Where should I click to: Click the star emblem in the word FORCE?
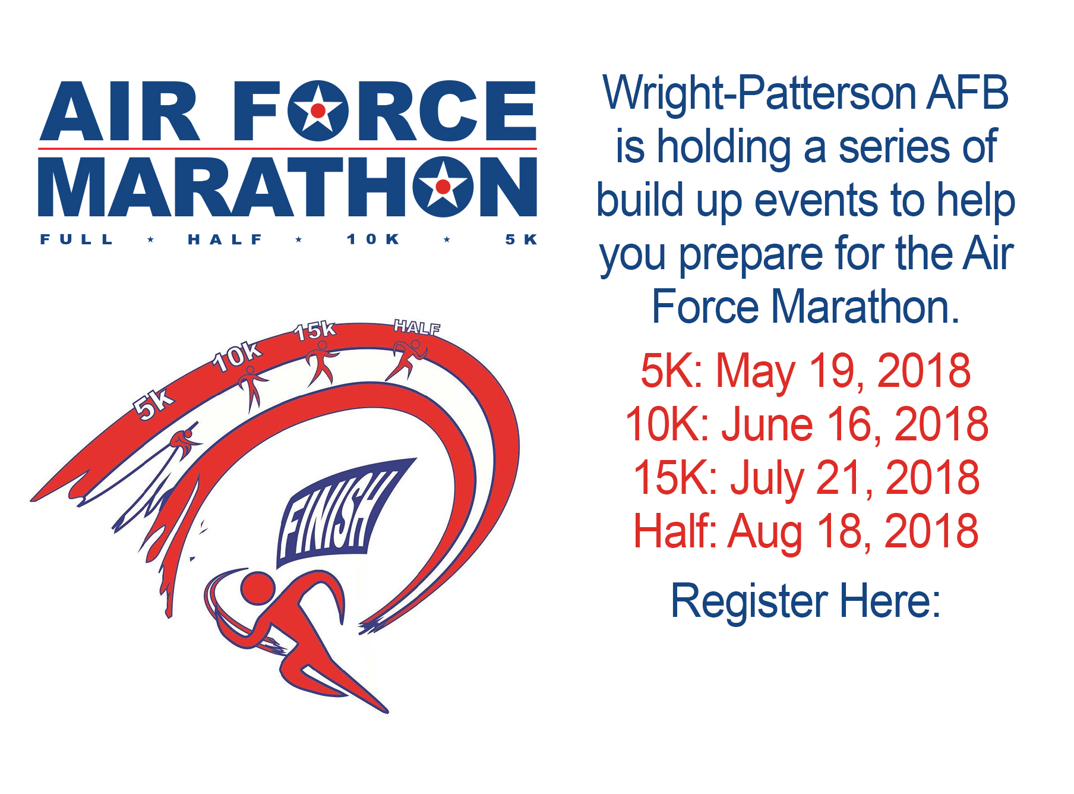click(x=318, y=111)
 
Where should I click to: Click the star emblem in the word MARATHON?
click(x=443, y=187)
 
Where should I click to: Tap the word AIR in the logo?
click(x=119, y=111)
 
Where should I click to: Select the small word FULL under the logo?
click(x=77, y=240)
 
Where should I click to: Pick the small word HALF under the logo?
click(x=225, y=240)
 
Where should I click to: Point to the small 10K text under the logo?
click(x=373, y=240)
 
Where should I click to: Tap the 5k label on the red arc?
click(x=153, y=404)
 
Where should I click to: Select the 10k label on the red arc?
click(x=236, y=357)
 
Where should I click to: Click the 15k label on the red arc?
click(x=315, y=330)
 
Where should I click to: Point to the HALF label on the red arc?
click(x=417, y=327)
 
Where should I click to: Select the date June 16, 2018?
click(x=855, y=425)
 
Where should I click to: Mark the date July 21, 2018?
click(x=855, y=478)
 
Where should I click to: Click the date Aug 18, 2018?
click(x=853, y=532)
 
